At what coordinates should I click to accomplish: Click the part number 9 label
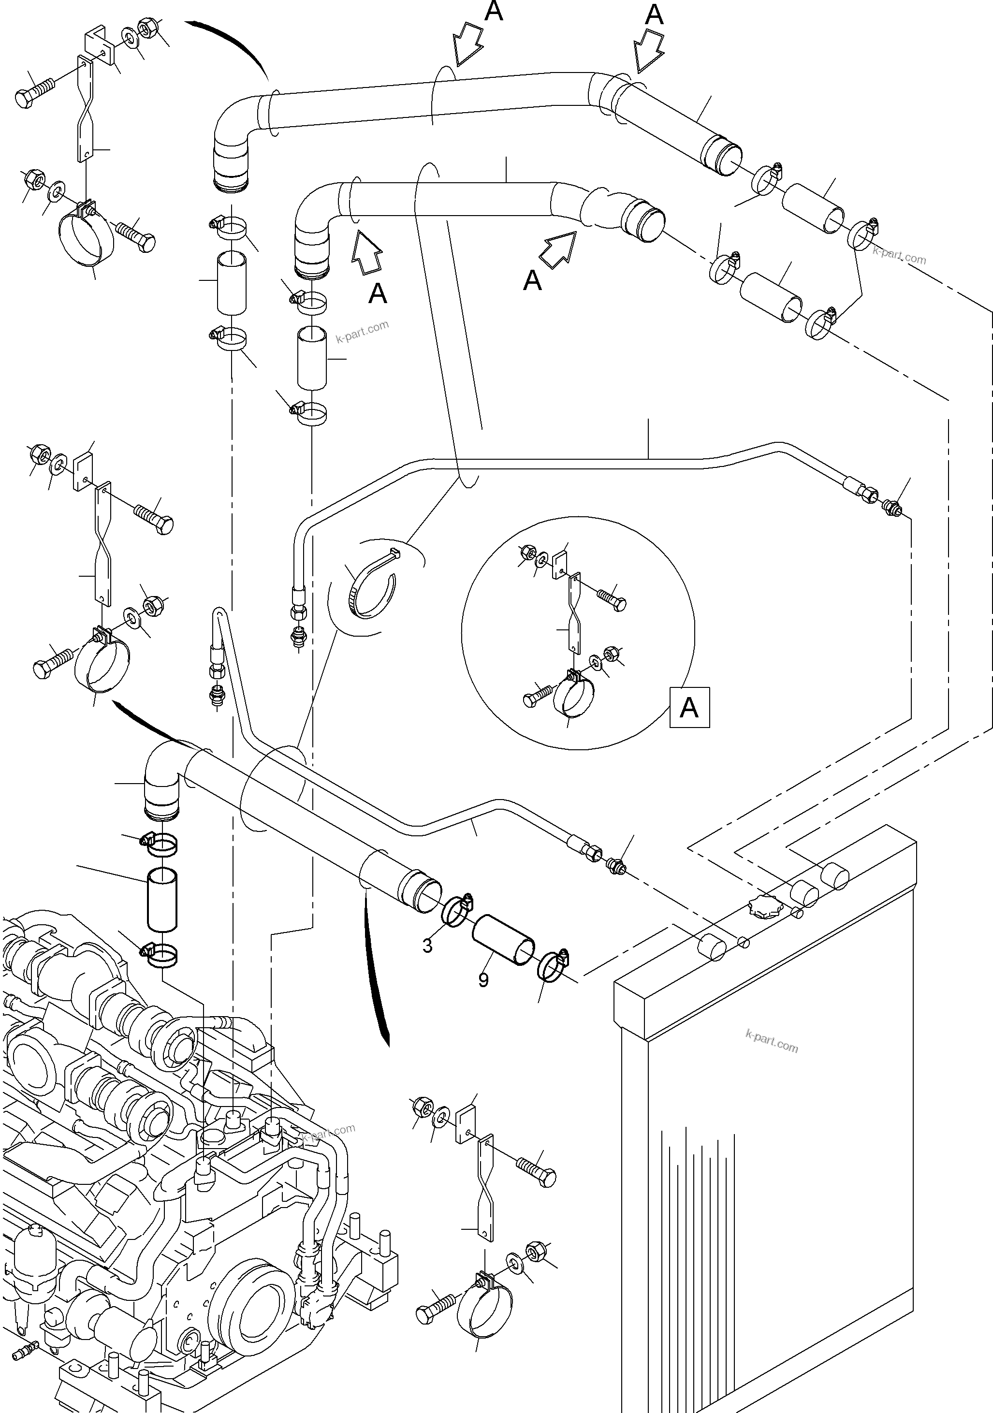pyautogui.click(x=483, y=980)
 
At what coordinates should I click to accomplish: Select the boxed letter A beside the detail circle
pyautogui.click(x=689, y=708)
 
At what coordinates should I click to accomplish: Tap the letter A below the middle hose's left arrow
pyautogui.click(x=378, y=293)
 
